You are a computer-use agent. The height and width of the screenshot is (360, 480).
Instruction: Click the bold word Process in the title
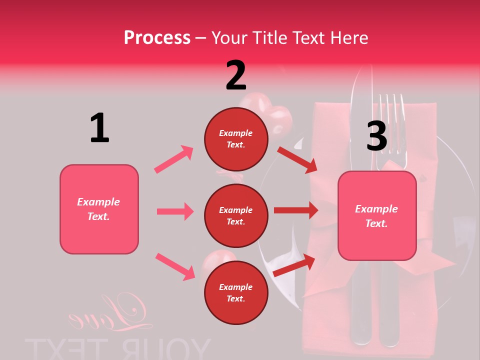click(157, 38)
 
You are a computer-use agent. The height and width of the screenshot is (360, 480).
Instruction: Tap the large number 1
click(99, 128)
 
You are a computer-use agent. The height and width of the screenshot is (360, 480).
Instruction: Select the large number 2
click(236, 75)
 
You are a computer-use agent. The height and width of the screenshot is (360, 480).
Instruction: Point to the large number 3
click(376, 136)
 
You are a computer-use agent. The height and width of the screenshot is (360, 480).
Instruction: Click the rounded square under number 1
click(99, 209)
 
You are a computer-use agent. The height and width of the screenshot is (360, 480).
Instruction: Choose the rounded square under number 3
click(377, 215)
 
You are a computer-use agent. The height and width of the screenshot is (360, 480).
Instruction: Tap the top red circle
click(236, 138)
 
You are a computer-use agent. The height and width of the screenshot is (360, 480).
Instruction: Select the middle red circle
click(236, 215)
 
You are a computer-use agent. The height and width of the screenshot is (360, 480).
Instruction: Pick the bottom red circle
click(236, 292)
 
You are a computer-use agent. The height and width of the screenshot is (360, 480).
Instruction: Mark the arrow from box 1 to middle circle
click(175, 211)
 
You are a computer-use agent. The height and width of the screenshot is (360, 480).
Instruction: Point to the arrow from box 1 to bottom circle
click(175, 266)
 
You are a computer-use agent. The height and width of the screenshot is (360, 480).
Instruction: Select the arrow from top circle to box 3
click(297, 159)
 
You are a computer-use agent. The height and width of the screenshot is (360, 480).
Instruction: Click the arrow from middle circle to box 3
click(296, 210)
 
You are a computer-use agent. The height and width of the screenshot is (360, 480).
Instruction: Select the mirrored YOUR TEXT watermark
click(118, 348)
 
